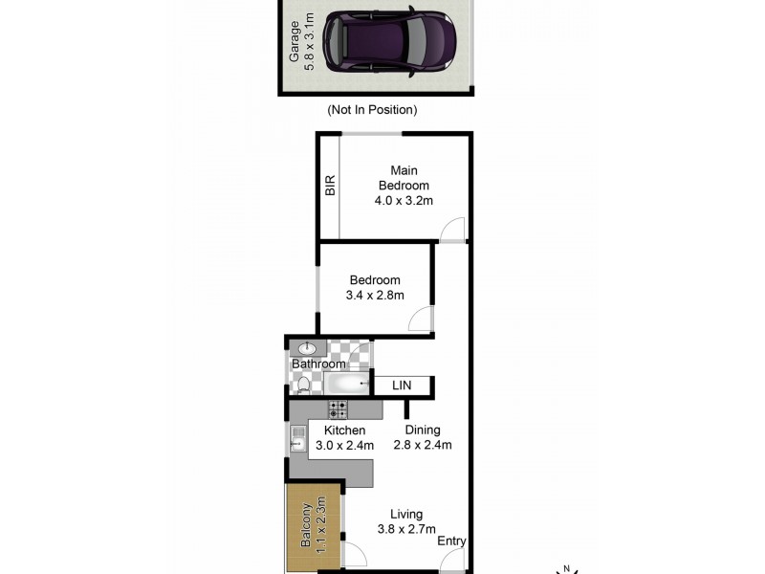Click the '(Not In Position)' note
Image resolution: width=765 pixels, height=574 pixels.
tap(372, 110)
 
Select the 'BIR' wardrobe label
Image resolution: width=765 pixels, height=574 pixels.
tap(330, 186)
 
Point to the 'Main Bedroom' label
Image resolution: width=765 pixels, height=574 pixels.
tap(403, 178)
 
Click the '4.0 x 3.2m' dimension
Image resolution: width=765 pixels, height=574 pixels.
tap(403, 201)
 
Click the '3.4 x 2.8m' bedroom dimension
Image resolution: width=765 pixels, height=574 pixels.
tap(374, 296)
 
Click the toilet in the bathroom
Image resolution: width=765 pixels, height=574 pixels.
tap(304, 385)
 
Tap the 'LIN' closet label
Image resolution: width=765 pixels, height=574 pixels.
tap(402, 385)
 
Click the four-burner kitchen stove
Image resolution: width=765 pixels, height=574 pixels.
tap(339, 409)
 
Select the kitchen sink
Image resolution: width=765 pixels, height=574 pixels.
tap(296, 441)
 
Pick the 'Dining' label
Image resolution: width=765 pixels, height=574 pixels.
tap(422, 430)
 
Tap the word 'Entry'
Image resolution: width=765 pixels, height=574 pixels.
tap(451, 541)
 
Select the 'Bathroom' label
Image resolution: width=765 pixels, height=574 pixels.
tap(317, 364)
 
